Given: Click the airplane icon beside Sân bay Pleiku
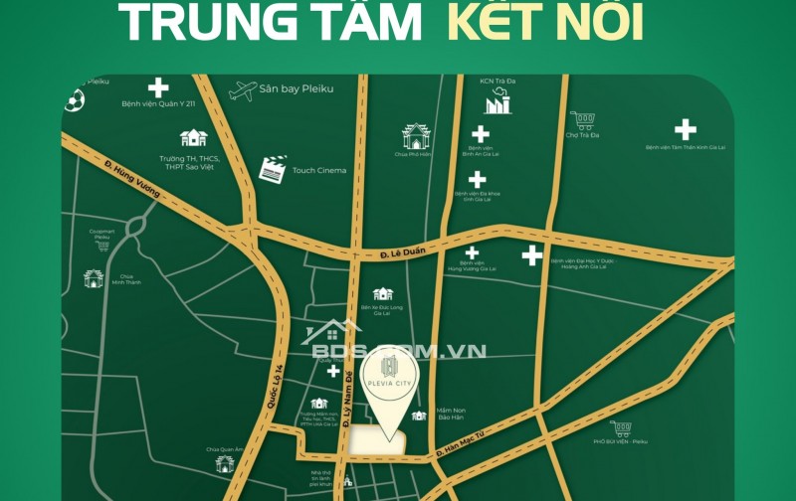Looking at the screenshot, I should [242, 90].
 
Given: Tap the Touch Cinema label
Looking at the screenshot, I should [318, 170].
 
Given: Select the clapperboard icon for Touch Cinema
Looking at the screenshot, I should [272, 168].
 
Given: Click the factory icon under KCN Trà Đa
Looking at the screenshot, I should [497, 101].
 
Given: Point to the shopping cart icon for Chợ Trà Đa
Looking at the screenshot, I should [583, 121].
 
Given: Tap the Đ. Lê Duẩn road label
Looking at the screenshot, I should [403, 255].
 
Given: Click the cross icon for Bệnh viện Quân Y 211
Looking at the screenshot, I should [158, 87].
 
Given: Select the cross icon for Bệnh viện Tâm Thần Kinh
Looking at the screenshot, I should [685, 129].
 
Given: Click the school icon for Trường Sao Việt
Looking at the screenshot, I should [193, 138].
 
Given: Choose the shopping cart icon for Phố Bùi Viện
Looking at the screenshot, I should [622, 429].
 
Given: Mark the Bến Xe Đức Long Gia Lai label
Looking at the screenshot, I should [382, 311].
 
